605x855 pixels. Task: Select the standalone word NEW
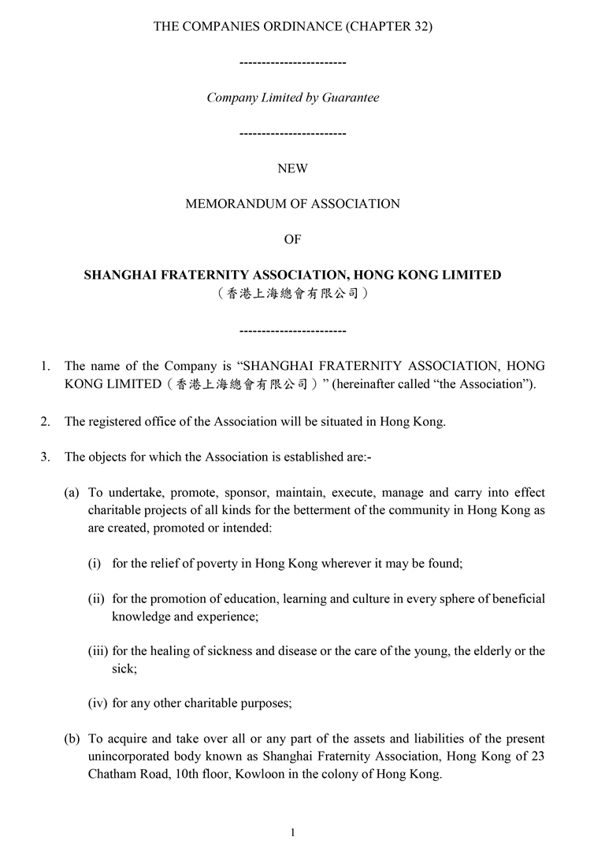292,168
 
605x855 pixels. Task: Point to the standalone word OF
292,239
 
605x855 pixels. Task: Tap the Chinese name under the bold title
292,294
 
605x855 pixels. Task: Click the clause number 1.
45,365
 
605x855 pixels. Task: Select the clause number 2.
45,421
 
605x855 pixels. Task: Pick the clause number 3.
45,457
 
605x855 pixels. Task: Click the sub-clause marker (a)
72,493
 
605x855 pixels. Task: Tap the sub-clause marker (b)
72,738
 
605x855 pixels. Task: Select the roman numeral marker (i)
94,564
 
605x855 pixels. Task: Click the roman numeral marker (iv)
97,703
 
